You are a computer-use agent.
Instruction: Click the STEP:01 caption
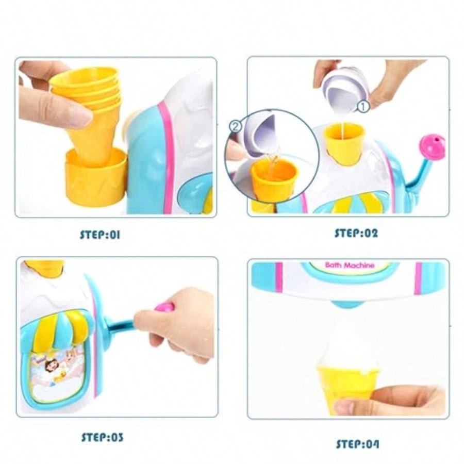(x=100, y=235)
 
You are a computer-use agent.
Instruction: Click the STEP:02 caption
(x=356, y=233)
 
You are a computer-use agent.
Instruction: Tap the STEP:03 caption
(x=102, y=438)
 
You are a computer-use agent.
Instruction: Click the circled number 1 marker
(x=363, y=107)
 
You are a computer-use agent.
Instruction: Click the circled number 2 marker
(x=235, y=125)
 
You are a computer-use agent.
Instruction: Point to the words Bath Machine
(x=350, y=265)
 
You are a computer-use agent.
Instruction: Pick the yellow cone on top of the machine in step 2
(x=344, y=143)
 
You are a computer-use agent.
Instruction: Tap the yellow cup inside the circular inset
(x=274, y=180)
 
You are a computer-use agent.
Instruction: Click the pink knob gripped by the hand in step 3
(x=164, y=308)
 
